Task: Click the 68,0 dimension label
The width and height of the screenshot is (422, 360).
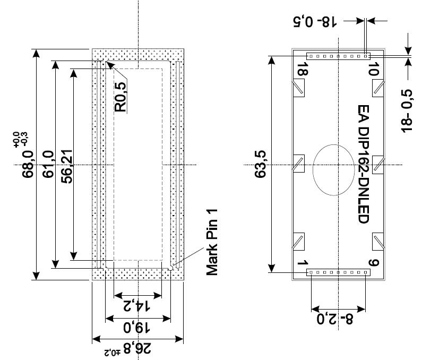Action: (28, 164)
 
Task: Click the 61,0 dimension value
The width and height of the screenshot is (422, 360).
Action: (48, 164)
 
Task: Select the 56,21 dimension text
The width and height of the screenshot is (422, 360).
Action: (67, 166)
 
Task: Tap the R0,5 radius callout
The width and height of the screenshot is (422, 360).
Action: (120, 97)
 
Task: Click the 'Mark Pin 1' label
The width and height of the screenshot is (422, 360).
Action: (212, 242)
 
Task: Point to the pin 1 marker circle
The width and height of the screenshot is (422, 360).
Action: (170, 268)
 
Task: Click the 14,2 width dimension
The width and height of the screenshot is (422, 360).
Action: (137, 306)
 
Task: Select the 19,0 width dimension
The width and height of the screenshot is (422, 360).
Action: (137, 328)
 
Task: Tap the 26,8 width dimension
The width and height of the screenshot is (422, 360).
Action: (137, 349)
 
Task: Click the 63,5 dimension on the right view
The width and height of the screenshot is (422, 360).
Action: (260, 164)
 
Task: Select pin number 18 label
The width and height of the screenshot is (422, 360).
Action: (302, 69)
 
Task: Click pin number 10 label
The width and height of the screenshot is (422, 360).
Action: (374, 69)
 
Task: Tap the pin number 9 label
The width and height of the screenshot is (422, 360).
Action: (374, 262)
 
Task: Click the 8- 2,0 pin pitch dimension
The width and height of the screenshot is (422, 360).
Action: (334, 319)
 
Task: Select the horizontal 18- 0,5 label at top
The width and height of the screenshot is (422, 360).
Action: (315, 22)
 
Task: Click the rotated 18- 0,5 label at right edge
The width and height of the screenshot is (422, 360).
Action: (407, 111)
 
